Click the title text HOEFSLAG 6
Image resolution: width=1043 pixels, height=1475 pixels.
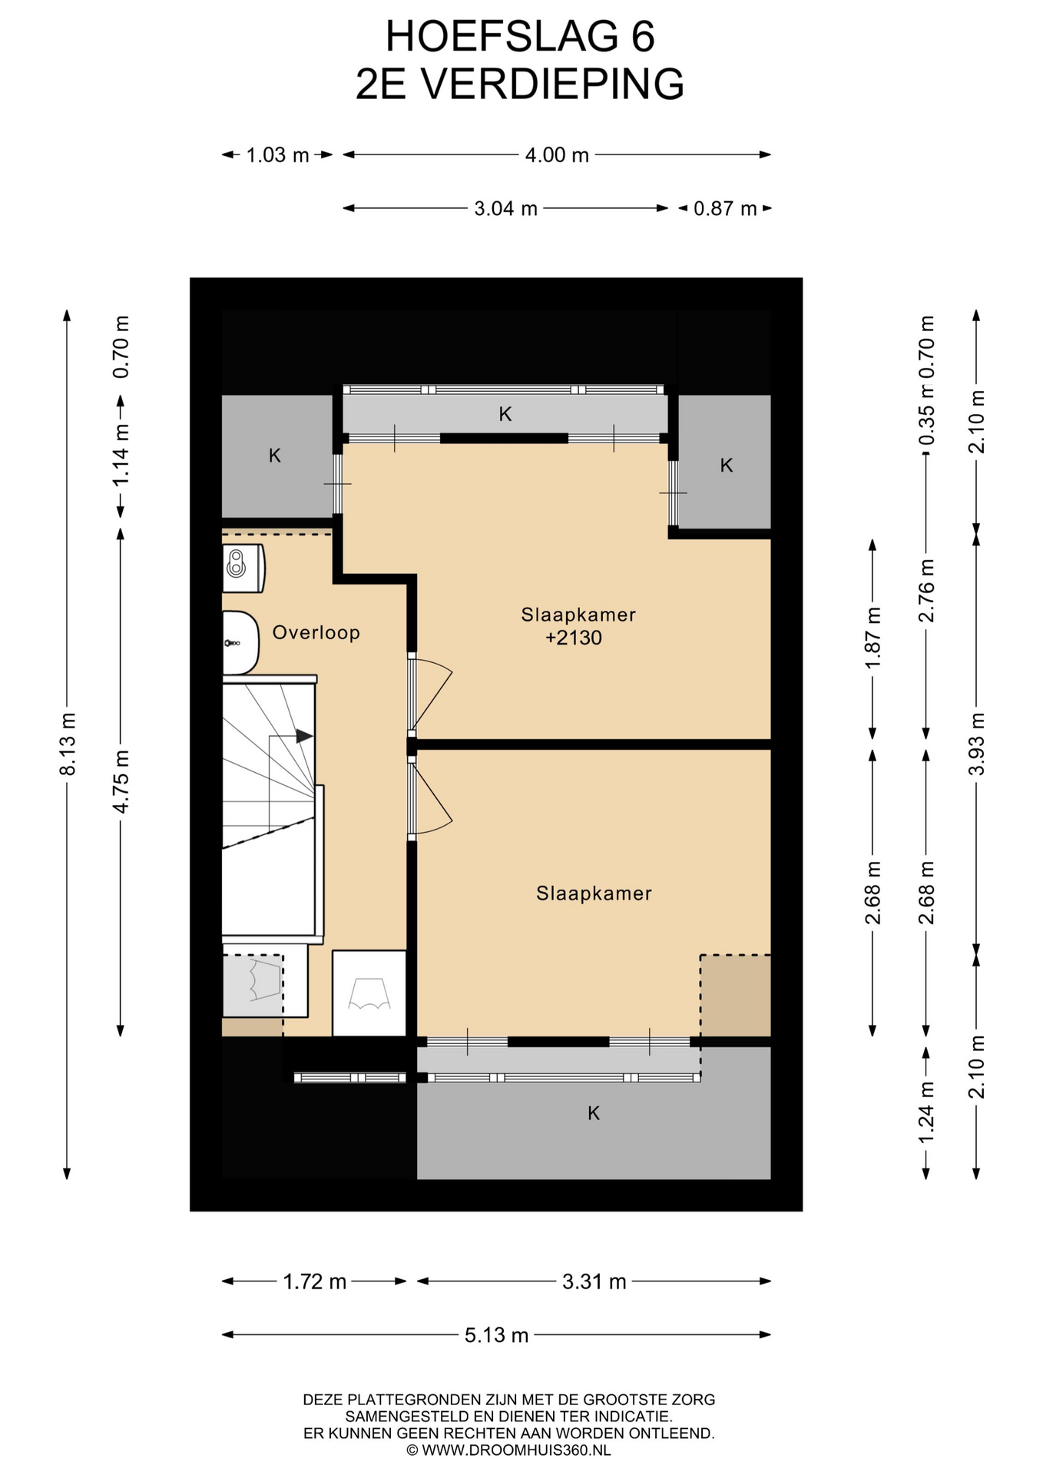520,36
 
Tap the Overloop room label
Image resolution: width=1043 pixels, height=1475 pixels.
316,632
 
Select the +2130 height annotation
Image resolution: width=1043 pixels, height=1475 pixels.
573,638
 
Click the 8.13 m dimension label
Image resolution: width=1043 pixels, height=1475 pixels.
68,744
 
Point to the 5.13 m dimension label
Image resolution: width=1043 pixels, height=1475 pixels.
496,1335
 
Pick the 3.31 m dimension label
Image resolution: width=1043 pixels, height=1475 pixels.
594,1281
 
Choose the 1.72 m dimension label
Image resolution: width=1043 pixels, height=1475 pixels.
314,1281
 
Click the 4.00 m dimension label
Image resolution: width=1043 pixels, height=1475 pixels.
557,155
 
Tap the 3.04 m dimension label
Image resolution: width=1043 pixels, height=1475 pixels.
505,208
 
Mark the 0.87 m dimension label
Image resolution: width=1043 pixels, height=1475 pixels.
725,208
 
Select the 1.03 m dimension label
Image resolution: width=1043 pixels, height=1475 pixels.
277,155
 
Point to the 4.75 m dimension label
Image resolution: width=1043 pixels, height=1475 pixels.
121,781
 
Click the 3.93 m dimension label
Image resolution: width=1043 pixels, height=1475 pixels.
977,744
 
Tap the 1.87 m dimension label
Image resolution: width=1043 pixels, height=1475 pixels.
872,638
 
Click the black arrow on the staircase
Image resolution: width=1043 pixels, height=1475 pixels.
304,736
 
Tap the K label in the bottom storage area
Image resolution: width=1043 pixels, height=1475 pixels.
594,1113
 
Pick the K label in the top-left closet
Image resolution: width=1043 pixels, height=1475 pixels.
275,456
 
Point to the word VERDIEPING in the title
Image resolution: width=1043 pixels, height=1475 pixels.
553,84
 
